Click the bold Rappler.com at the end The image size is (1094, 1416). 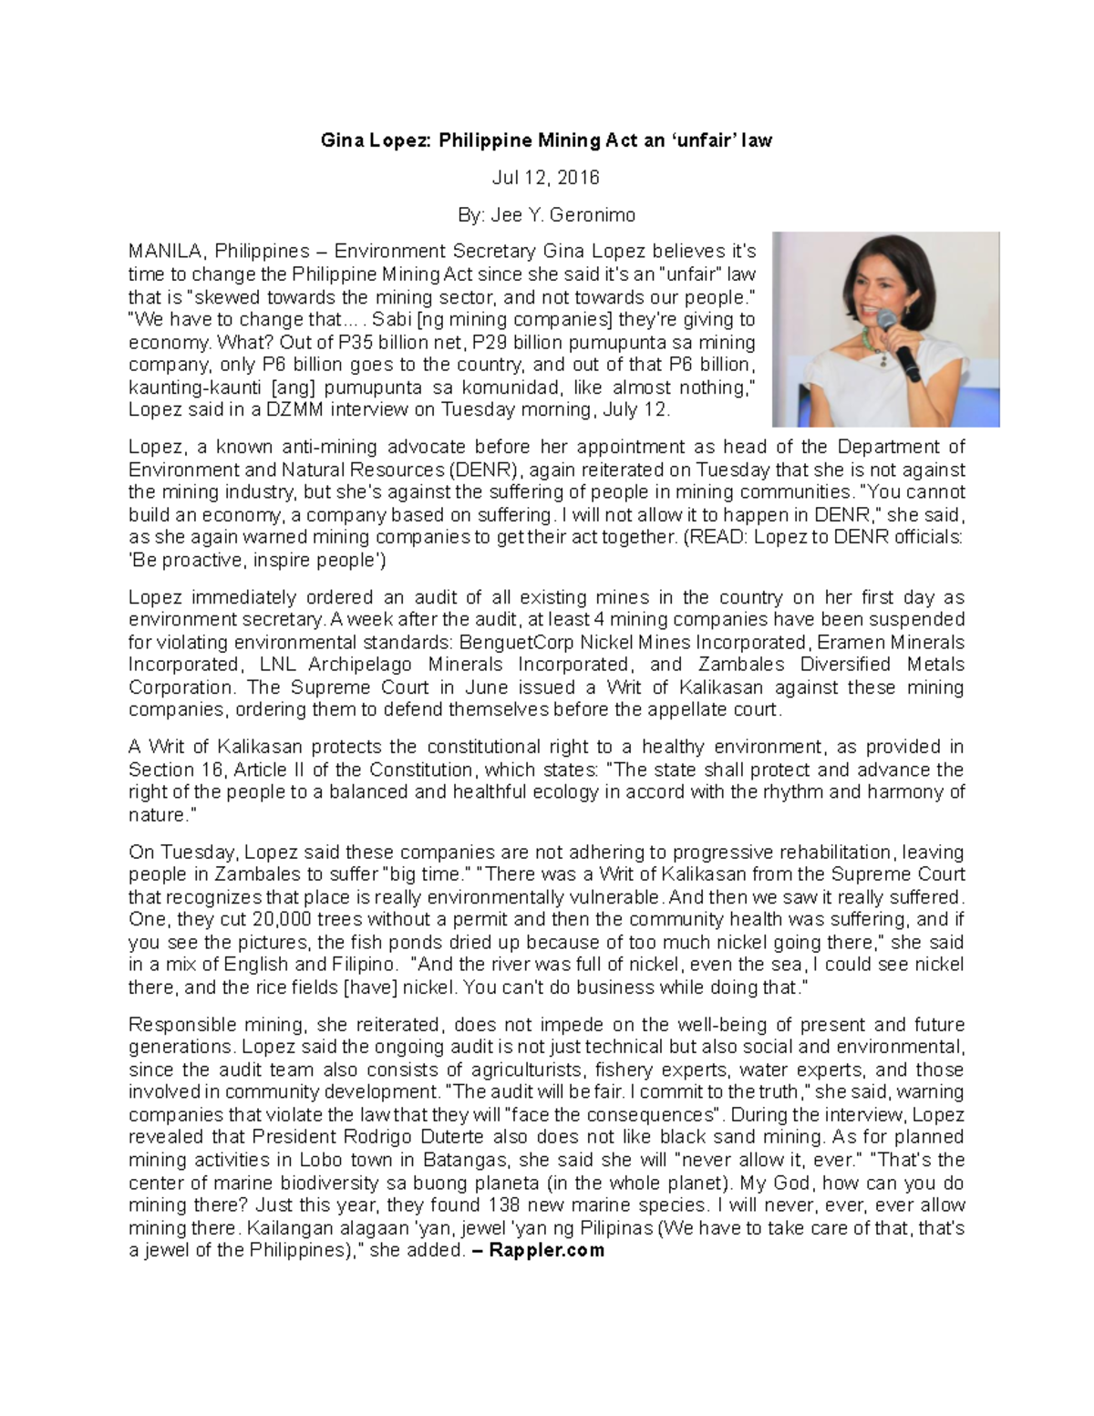coord(546,1249)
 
